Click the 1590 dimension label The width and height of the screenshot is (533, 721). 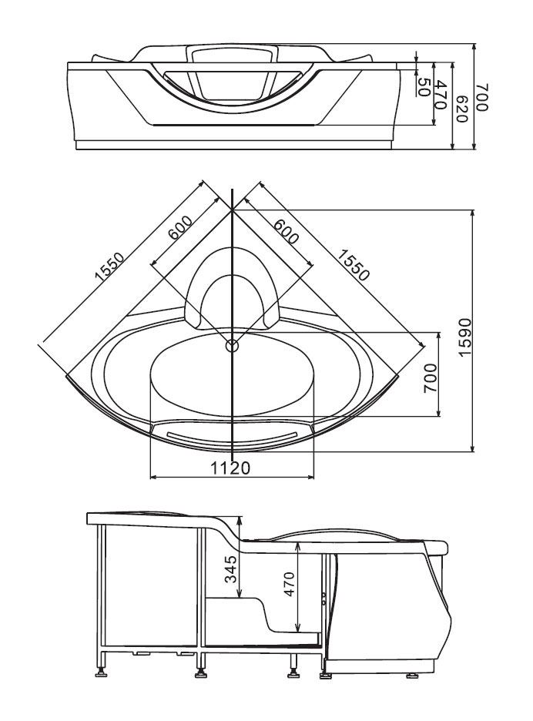[465, 337]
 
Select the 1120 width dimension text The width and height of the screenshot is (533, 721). [230, 468]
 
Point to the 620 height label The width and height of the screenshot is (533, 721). [461, 109]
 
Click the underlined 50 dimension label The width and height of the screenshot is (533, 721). [423, 87]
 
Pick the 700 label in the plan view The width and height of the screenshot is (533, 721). [430, 378]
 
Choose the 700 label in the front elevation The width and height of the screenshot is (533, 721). [481, 97]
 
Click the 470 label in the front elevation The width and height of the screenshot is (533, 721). [441, 95]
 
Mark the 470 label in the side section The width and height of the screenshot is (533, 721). [290, 584]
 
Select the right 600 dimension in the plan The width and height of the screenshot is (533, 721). [286, 231]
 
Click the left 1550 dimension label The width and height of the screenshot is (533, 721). [109, 267]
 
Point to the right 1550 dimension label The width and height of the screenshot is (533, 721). [354, 265]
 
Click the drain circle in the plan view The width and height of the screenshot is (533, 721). [232, 345]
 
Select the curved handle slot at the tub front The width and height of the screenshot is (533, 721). [232, 438]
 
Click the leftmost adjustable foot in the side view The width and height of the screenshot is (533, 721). [102, 675]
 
